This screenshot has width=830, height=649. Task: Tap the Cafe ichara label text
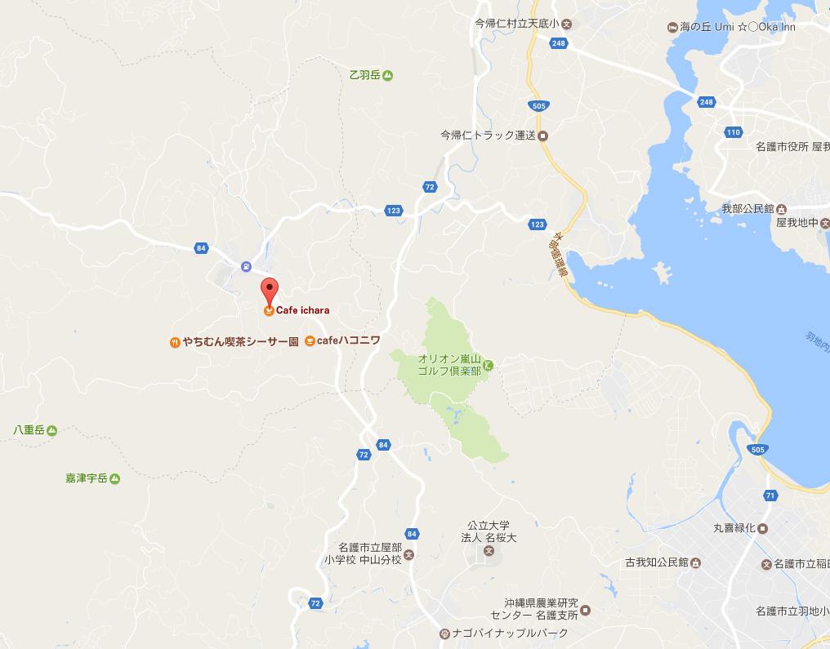tap(302, 310)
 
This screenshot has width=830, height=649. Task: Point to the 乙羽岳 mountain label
tap(365, 75)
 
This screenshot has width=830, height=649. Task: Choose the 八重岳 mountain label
tap(29, 429)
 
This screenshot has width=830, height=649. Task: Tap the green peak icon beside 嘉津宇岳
tap(115, 478)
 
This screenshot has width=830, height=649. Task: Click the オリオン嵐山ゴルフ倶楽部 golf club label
tap(448, 364)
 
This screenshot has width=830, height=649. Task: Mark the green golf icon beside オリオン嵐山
tap(487, 364)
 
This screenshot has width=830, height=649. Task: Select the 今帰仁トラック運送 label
tap(487, 136)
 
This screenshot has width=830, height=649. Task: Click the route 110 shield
tap(733, 132)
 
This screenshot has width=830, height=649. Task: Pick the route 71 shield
tap(770, 496)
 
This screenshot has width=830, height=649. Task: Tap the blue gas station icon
tap(246, 266)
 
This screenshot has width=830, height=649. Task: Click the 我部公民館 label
tap(747, 209)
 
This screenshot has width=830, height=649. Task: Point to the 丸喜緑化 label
tap(734, 528)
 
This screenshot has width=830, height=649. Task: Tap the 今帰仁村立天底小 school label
tap(516, 24)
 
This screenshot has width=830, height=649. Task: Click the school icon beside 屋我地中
tap(825, 222)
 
